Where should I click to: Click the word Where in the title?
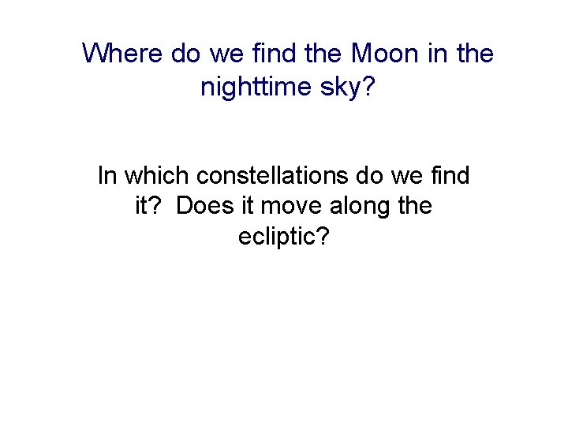click(123, 54)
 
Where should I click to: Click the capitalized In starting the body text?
click(106, 175)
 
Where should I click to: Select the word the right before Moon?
click(322, 54)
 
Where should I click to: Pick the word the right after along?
click(415, 206)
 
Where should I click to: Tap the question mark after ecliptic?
click(323, 237)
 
